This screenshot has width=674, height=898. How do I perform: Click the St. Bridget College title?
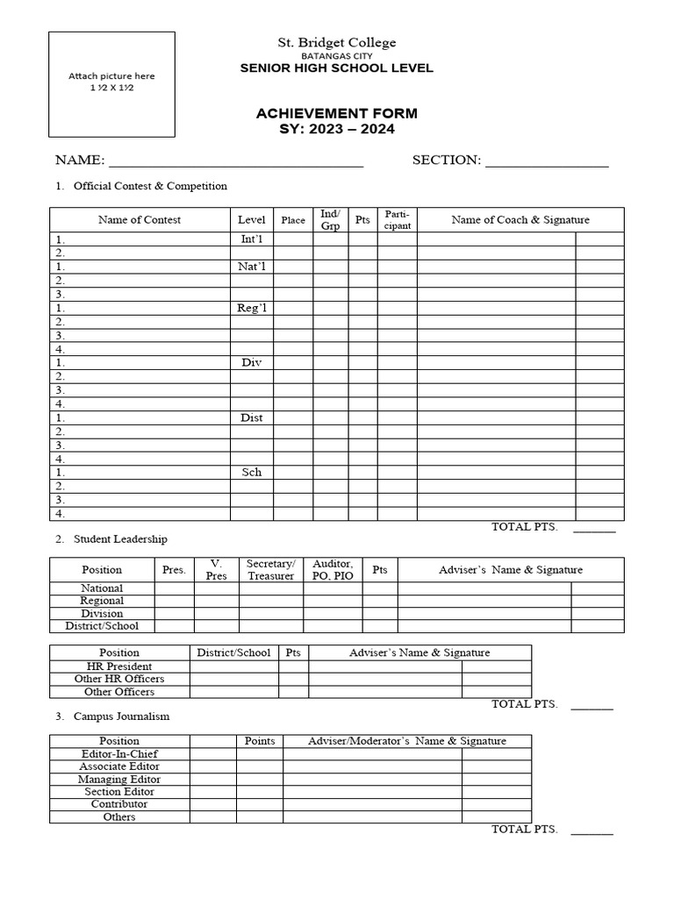click(337, 42)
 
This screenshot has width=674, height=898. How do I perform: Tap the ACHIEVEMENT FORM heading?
click(336, 113)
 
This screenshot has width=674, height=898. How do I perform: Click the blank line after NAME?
click(235, 160)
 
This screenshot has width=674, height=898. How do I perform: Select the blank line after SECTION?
click(546, 160)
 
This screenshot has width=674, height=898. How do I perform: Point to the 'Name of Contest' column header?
click(140, 220)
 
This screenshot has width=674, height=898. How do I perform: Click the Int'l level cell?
click(252, 239)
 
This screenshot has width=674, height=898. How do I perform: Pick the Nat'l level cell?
click(252, 266)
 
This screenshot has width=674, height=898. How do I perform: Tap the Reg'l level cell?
click(252, 307)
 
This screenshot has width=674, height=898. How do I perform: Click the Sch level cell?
click(252, 472)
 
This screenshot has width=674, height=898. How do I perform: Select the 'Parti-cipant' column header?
click(398, 220)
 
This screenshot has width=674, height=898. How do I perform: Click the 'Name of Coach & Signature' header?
click(520, 220)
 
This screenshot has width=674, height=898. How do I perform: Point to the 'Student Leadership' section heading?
click(120, 538)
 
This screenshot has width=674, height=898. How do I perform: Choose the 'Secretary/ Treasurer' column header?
click(271, 569)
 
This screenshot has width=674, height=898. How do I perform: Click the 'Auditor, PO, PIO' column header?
click(333, 569)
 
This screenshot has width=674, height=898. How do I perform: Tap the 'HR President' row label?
click(119, 666)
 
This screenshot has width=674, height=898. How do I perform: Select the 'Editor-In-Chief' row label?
click(119, 753)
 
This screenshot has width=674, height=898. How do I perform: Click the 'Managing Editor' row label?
click(119, 779)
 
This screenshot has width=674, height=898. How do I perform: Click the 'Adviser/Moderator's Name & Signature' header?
click(407, 741)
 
